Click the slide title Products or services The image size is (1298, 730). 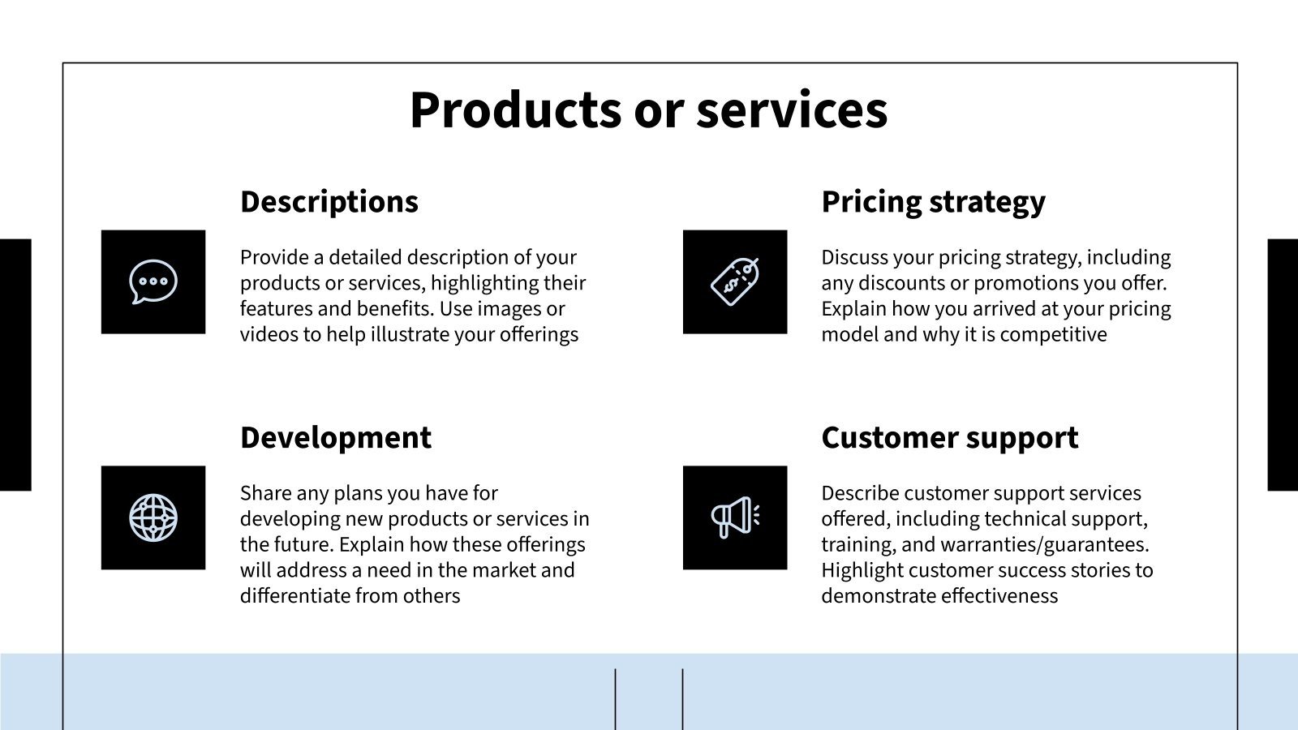coord(648,109)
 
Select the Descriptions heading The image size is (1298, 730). coord(329,201)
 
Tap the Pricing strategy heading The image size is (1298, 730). coord(933,201)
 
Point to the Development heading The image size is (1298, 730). coord(335,437)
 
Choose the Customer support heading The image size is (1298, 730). coord(949,437)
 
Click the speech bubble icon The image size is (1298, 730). coord(153,281)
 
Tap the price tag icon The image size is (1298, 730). coord(735,281)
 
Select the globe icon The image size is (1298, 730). coord(153,517)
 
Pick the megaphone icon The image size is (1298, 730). coord(735,517)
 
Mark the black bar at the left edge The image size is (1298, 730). coord(15,364)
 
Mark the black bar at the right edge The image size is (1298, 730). coord(1283,364)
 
